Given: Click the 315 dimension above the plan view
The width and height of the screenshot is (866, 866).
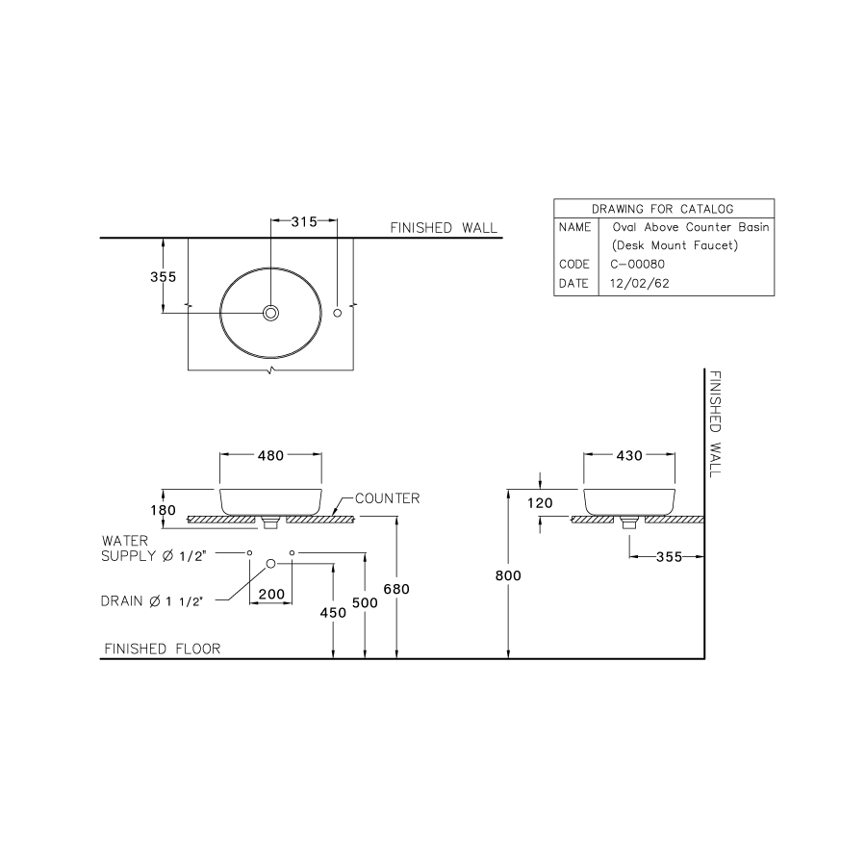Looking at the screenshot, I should click(304, 222).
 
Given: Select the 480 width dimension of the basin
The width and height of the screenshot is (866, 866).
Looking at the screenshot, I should click(270, 456).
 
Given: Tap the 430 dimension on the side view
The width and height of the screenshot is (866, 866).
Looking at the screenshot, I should click(629, 456).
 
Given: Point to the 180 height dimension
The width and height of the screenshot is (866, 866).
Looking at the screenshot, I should click(164, 510).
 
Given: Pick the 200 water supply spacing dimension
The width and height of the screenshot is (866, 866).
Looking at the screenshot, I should click(271, 595).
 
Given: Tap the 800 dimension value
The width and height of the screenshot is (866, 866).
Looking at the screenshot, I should click(508, 575).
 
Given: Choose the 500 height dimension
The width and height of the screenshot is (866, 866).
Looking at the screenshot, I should click(365, 602).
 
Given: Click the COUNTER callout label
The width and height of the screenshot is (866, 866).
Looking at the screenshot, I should click(387, 498).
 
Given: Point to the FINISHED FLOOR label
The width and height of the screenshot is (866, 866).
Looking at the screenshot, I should click(162, 649).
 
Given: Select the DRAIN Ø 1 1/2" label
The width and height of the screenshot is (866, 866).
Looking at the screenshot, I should click(152, 601).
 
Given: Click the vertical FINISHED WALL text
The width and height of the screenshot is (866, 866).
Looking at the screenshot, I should click(714, 424).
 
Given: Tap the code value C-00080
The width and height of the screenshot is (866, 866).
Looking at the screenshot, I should click(638, 264).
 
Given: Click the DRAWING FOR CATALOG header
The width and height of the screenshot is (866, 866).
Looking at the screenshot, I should click(663, 209).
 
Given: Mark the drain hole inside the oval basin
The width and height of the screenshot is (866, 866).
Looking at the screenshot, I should click(271, 313).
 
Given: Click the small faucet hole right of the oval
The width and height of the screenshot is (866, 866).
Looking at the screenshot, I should click(338, 313).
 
